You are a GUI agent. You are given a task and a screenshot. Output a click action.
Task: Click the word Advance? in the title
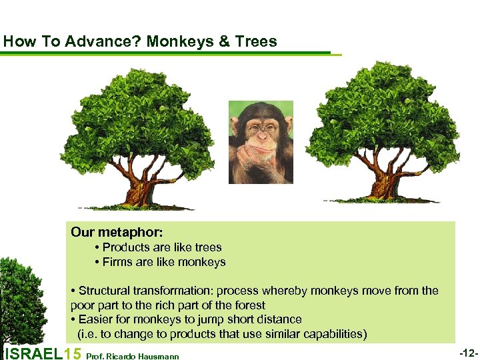[x=110, y=41]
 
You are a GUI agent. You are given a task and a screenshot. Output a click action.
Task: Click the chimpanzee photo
[x=261, y=142]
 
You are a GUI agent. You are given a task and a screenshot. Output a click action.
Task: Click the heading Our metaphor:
[x=117, y=232]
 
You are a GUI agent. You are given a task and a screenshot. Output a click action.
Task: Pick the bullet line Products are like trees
[x=162, y=247]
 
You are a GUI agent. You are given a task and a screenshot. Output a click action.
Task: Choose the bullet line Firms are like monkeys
[x=164, y=262]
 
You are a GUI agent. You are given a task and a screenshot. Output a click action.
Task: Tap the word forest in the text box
[x=249, y=305]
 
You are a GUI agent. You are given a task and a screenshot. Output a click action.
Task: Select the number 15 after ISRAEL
[x=75, y=354]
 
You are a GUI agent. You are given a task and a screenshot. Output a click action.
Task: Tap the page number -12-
[x=467, y=351]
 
